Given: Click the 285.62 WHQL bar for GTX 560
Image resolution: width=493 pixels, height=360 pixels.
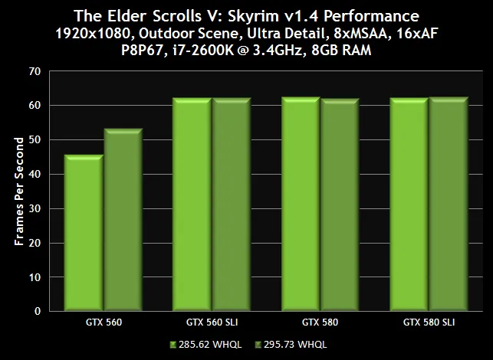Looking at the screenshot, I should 84,234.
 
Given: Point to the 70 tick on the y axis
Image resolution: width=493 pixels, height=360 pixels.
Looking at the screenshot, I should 35,70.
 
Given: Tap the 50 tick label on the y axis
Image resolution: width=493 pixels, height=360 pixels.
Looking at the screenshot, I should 35,139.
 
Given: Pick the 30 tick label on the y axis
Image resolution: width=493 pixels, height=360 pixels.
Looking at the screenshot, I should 35,208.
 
